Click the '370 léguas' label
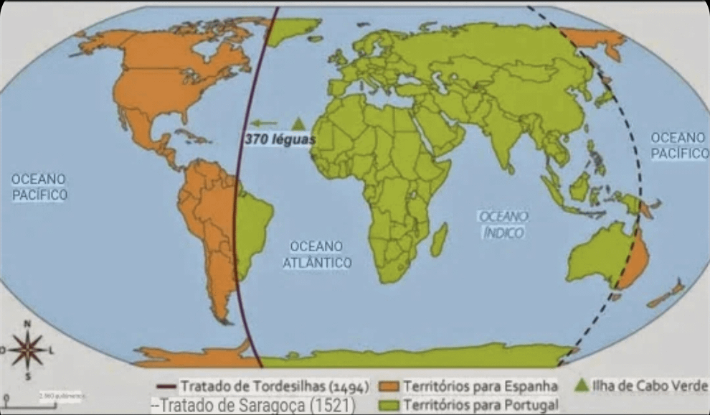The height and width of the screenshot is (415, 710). click(279, 140)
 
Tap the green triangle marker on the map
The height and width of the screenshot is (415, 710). click(298, 123)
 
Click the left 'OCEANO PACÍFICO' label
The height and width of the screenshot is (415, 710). click(39, 186)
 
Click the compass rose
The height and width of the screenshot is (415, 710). click(28, 349)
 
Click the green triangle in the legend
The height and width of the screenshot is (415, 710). click(582, 386)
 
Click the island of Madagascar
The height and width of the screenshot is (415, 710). click(439, 239)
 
